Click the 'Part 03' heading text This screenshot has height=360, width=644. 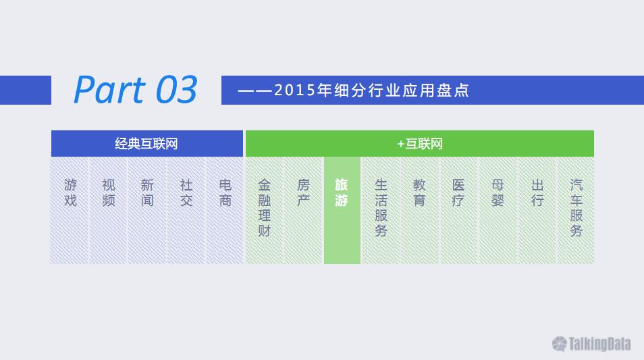click(136, 89)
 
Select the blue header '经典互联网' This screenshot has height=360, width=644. click(147, 143)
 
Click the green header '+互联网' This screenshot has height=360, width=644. click(420, 143)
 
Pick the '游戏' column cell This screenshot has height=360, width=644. click(70, 210)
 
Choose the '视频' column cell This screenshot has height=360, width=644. click(109, 210)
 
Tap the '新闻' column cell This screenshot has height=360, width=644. click(147, 210)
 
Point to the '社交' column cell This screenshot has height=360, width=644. click(186, 210)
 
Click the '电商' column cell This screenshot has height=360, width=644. click(225, 210)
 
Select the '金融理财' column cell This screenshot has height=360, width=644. click(265, 210)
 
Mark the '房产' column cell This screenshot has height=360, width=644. click(304, 210)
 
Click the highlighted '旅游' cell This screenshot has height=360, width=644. click(342, 210)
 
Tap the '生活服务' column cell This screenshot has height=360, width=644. click(381, 210)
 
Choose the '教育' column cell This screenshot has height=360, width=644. click(420, 210)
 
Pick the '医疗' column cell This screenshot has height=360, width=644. click(459, 210)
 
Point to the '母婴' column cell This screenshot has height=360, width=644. click(498, 210)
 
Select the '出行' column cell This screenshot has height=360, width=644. click(537, 210)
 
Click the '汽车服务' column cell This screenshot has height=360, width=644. click(576, 210)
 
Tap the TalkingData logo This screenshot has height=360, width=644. click(591, 344)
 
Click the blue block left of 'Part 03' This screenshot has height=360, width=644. click(26, 90)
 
